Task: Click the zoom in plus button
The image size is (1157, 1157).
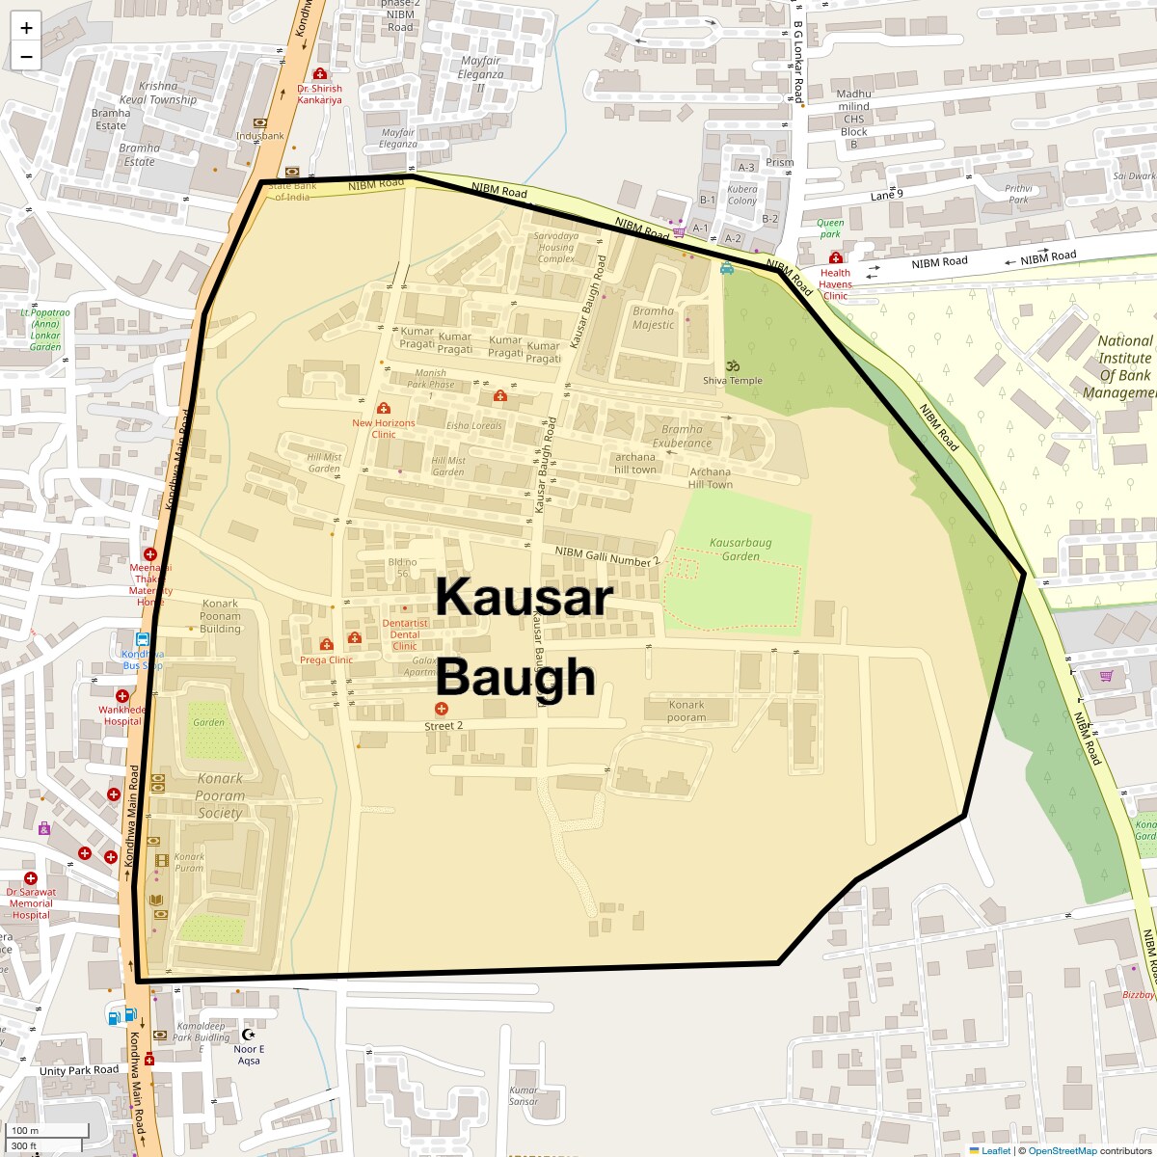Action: tap(26, 27)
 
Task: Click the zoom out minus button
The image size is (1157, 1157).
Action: tap(26, 57)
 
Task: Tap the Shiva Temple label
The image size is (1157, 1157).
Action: tap(732, 381)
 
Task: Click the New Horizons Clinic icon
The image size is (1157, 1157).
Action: tap(384, 409)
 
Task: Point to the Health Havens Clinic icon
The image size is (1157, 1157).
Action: tap(836, 258)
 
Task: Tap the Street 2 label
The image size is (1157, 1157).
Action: tap(444, 726)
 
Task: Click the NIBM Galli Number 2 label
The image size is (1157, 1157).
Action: tap(607, 555)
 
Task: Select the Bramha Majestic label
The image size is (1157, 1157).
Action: tap(653, 318)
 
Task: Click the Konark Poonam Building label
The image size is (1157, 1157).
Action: tap(221, 616)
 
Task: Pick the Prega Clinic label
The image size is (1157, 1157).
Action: tap(326, 660)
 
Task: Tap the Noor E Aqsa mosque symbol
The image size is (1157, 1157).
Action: tap(249, 1035)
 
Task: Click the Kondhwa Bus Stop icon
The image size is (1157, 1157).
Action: tap(143, 638)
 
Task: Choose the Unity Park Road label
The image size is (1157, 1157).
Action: tap(79, 1070)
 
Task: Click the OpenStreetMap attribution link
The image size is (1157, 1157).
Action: tap(1062, 1150)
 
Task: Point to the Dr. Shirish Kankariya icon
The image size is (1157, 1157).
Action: tap(320, 74)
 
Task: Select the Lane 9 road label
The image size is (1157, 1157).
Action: tap(887, 196)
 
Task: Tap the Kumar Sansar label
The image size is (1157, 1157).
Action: tap(524, 1095)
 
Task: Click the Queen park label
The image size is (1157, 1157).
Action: tap(830, 229)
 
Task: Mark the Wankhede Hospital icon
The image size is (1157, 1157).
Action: tap(122, 696)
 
